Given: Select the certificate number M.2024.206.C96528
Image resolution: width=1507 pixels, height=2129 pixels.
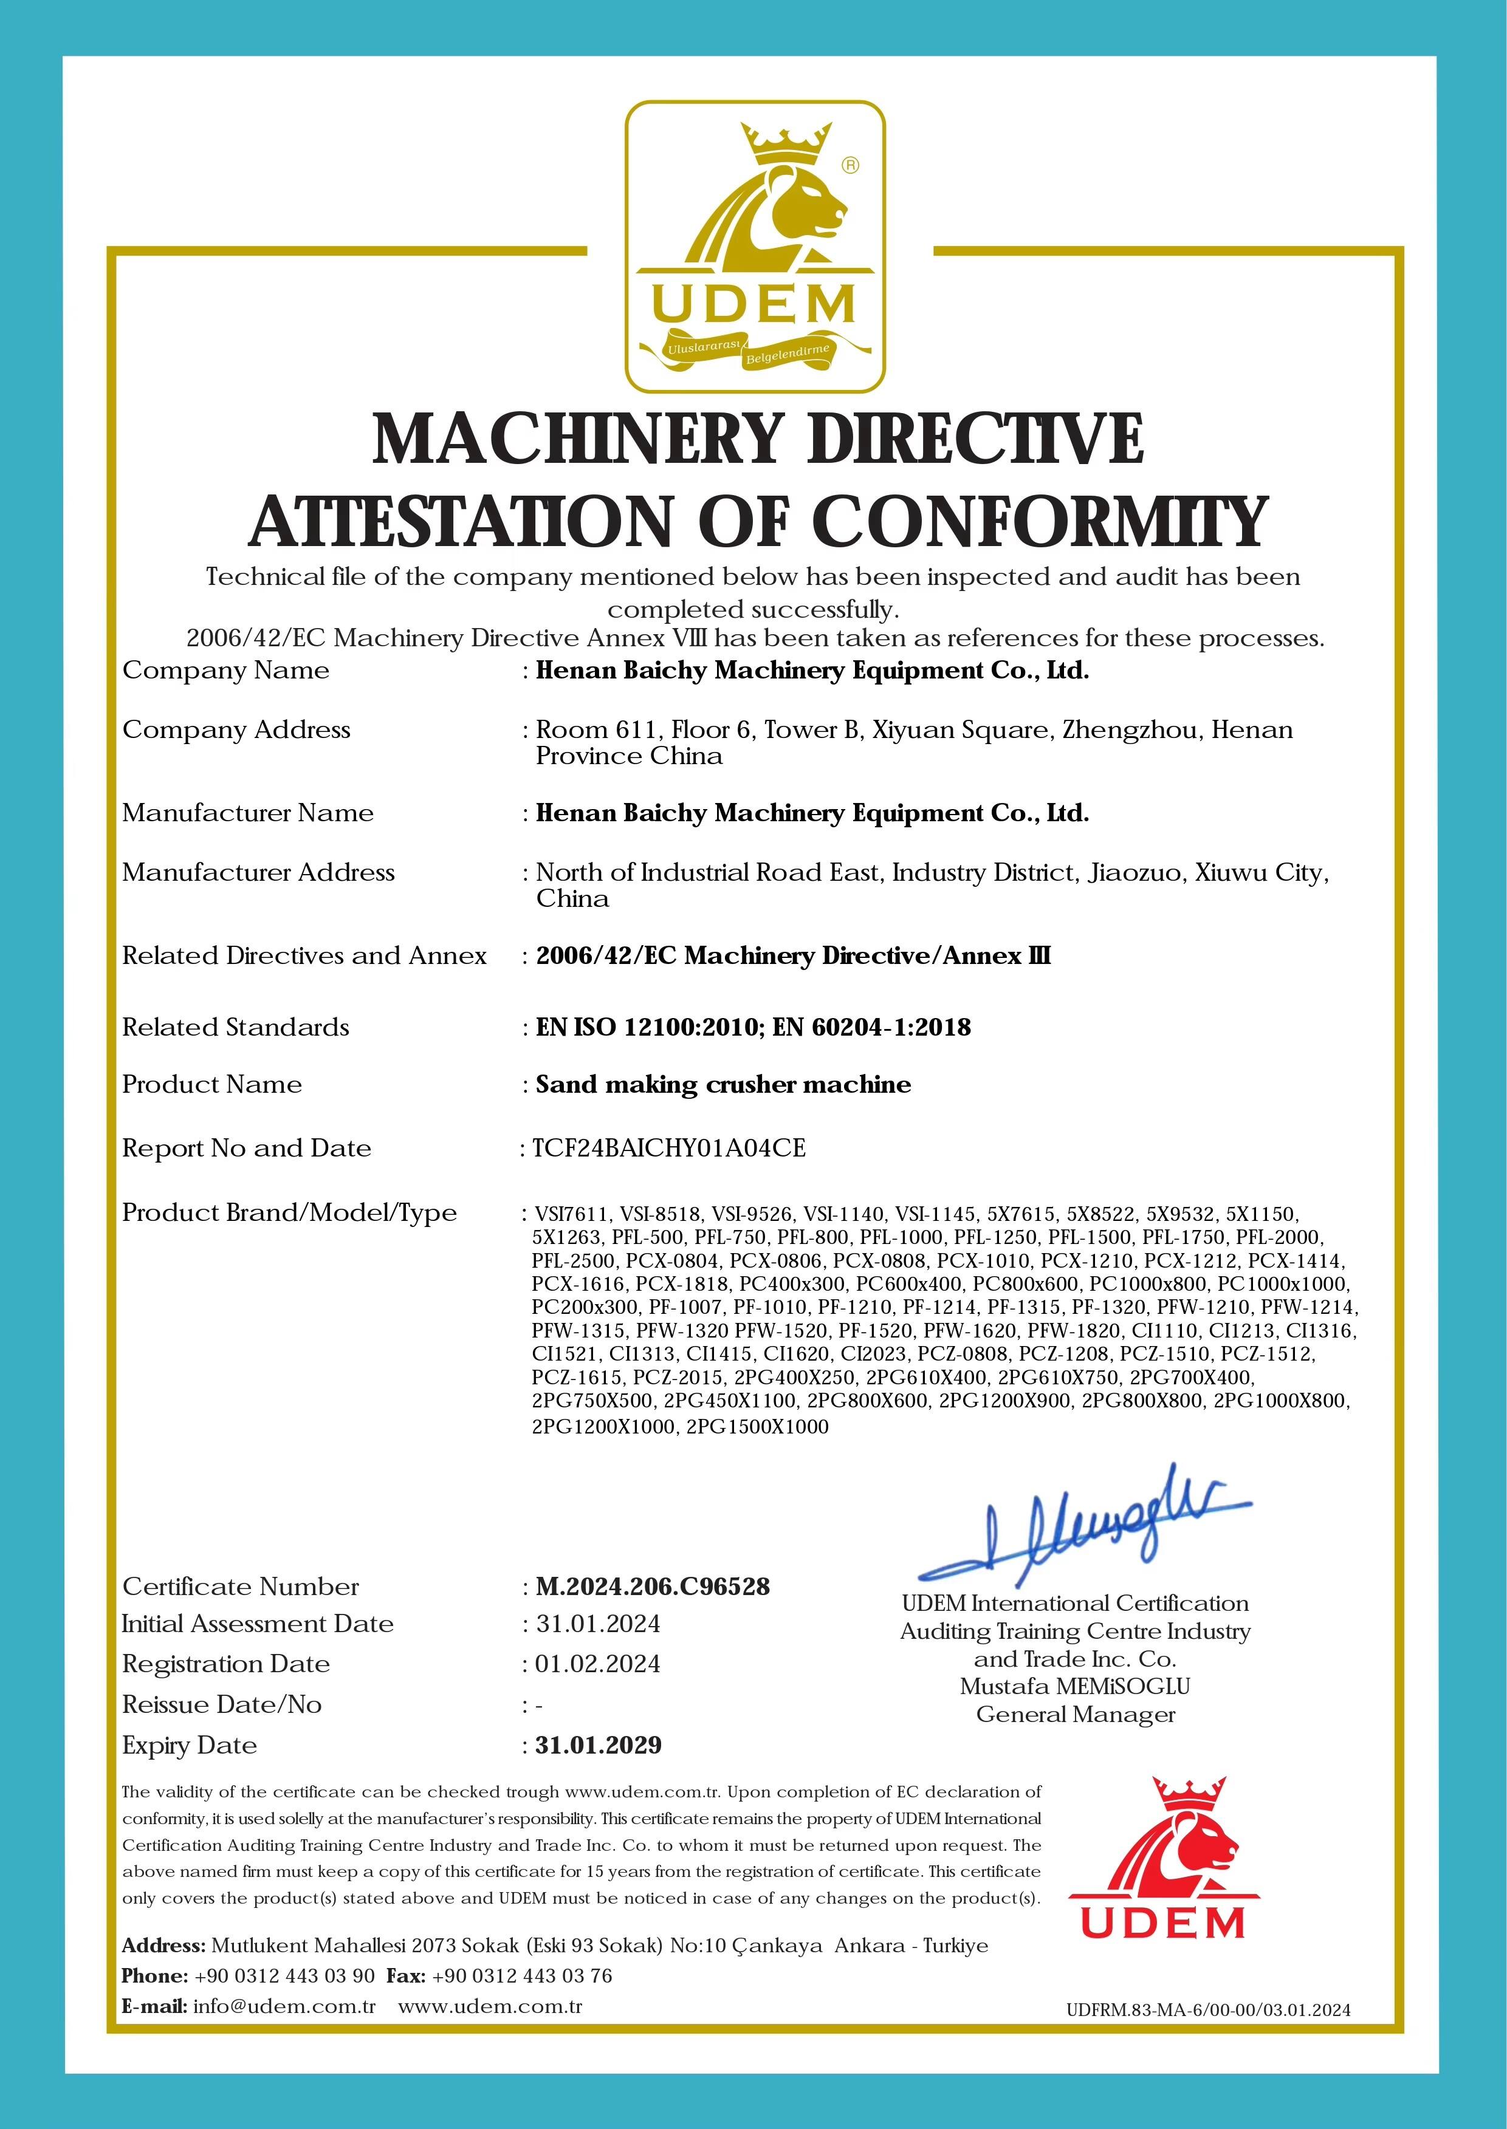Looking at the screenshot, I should (x=653, y=1587).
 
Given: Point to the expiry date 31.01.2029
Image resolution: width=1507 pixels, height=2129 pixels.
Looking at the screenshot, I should (x=599, y=1745).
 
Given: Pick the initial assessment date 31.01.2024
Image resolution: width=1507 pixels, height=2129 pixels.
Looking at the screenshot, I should (x=597, y=1624).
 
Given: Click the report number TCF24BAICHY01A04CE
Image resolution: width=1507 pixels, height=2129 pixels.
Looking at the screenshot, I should (x=669, y=1149).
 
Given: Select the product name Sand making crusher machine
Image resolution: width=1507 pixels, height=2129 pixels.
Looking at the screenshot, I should (x=723, y=1084).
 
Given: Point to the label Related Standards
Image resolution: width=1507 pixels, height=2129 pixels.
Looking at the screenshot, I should (x=236, y=1027).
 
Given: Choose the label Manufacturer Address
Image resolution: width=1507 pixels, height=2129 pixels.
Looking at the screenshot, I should (x=258, y=872).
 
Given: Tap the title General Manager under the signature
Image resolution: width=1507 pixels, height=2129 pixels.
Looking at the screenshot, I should (x=1074, y=1714).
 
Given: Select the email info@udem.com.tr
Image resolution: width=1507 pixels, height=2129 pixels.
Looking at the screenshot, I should (x=284, y=2006).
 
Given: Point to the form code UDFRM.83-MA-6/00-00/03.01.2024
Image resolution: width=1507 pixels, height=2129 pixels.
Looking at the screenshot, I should (x=1208, y=2011).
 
